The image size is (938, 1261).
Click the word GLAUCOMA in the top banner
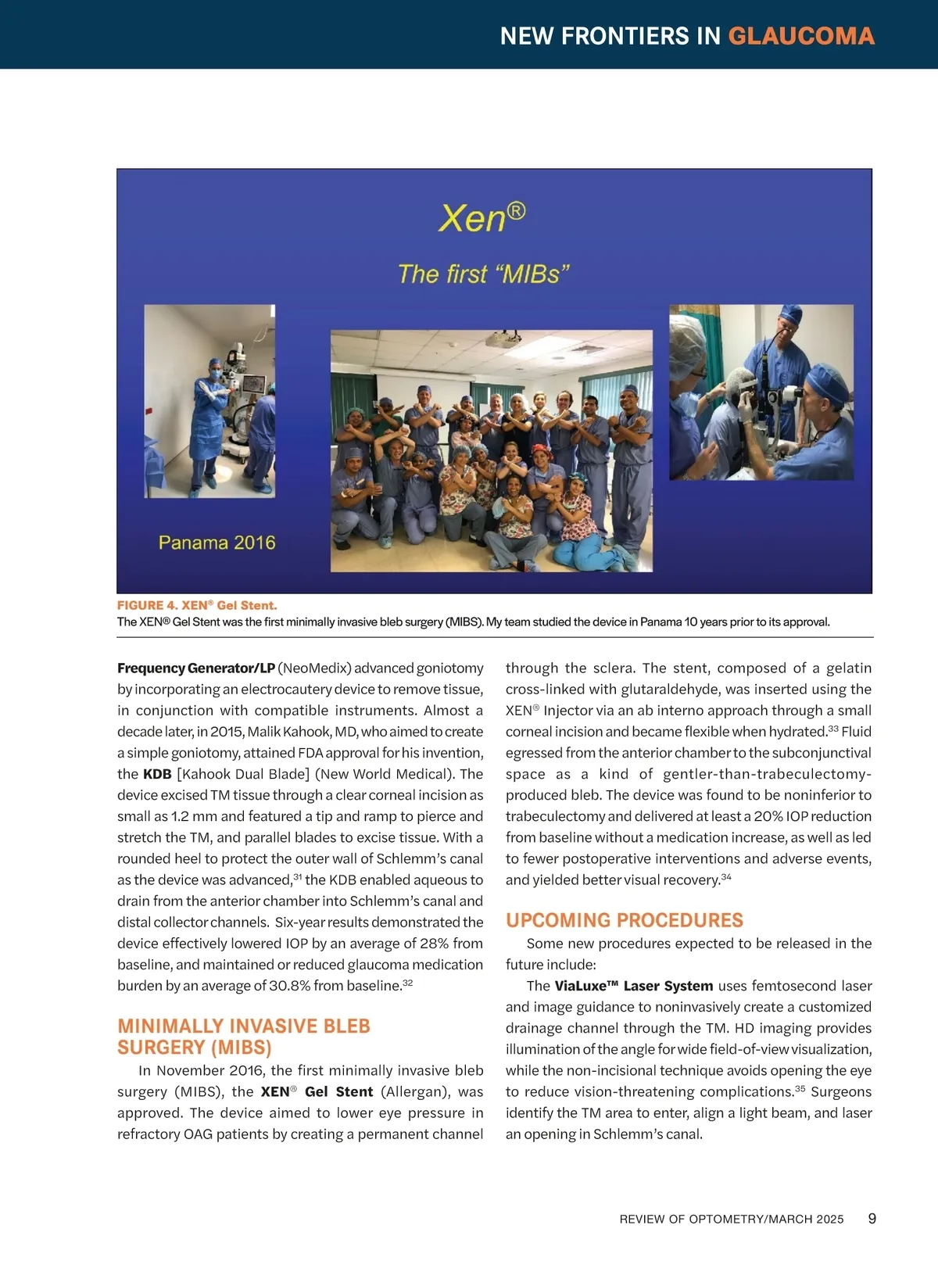click(800, 36)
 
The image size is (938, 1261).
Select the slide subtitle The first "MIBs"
click(483, 274)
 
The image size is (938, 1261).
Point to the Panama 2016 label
click(217, 543)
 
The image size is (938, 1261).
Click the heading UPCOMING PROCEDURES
click(624, 920)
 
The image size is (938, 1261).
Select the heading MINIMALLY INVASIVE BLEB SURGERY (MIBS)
click(243, 1037)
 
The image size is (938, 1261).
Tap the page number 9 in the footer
click(872, 1219)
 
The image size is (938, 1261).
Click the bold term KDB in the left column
click(157, 774)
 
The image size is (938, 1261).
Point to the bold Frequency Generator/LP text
click(196, 668)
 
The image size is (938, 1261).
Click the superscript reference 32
click(407, 983)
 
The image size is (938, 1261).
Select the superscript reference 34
click(726, 877)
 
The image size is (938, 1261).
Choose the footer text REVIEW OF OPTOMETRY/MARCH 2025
click(731, 1220)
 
